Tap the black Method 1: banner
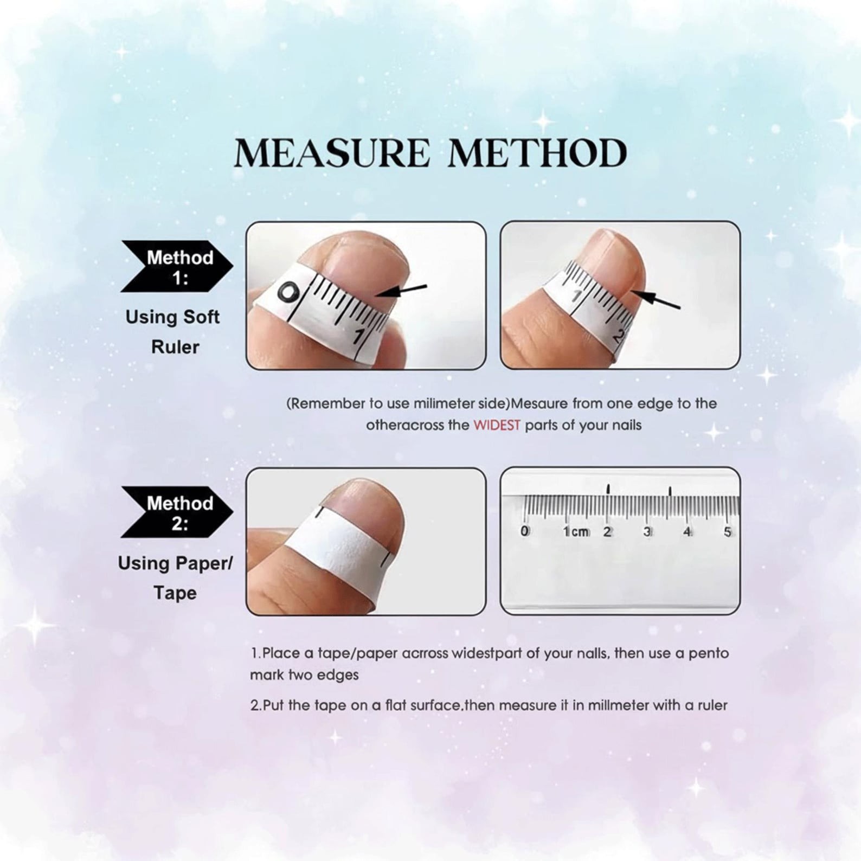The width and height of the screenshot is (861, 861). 176,267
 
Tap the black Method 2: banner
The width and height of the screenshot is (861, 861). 176,512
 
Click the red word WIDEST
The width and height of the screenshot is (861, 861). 497,425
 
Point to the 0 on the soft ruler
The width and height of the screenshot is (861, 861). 288,293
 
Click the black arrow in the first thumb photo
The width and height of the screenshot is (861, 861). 401,291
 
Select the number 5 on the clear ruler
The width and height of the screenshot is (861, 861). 728,532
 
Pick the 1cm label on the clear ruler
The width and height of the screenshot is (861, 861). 576,532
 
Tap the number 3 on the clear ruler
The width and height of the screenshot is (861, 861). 647,532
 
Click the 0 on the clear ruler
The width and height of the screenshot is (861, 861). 524,531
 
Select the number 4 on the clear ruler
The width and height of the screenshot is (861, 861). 687,532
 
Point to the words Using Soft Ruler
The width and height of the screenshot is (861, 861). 173,332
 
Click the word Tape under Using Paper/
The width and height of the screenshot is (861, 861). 175,593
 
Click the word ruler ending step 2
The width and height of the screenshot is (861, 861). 712,705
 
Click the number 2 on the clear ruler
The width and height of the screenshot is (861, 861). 607,532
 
